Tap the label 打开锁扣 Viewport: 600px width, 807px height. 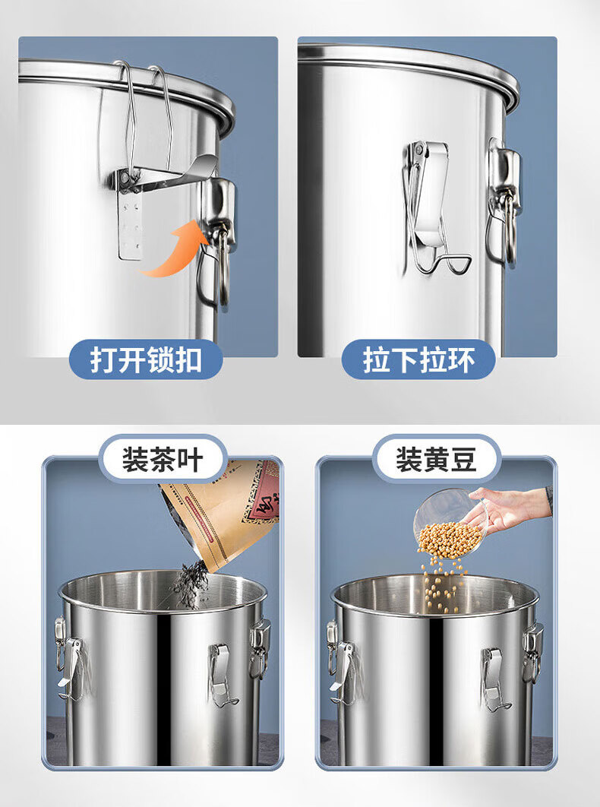pos(146,359)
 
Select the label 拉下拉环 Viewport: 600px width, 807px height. pos(418,359)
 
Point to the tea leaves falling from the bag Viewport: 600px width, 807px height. pos(191,584)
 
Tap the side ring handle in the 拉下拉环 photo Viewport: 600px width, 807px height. pos(504,204)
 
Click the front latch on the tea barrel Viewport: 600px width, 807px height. pos(221,675)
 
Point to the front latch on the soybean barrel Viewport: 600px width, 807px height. pos(494,679)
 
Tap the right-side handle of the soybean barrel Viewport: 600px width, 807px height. pos(532,653)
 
